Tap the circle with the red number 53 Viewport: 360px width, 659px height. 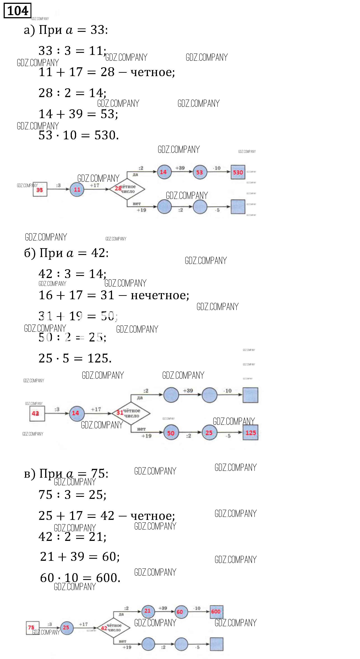(200, 172)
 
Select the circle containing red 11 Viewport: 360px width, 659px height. (77, 189)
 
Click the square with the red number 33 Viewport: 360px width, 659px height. (40, 189)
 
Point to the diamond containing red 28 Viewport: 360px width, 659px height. (127, 189)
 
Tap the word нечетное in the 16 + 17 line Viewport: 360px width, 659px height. (160, 295)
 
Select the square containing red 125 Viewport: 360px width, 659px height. (250, 433)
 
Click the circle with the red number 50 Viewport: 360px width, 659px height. (171, 433)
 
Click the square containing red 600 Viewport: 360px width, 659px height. (216, 612)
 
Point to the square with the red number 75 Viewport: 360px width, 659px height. (33, 628)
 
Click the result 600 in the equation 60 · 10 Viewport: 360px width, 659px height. (108, 578)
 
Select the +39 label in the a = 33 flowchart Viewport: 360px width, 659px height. (180, 168)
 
